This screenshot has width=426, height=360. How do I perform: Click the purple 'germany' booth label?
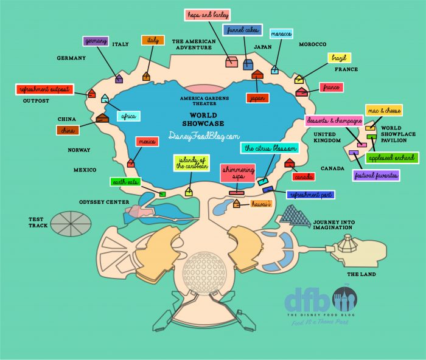click(x=95, y=41)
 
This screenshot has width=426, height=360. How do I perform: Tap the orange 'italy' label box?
click(x=153, y=40)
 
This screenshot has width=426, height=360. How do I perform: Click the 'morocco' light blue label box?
click(x=281, y=33)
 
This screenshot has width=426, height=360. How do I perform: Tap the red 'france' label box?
click(x=331, y=88)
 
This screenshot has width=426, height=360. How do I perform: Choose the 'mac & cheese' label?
click(x=383, y=110)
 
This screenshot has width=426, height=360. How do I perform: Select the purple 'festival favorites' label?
click(x=376, y=176)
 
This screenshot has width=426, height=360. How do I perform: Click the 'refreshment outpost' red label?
click(x=44, y=90)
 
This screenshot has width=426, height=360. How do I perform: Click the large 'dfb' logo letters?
click(x=308, y=300)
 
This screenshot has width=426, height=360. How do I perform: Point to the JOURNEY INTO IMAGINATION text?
click(x=332, y=224)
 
